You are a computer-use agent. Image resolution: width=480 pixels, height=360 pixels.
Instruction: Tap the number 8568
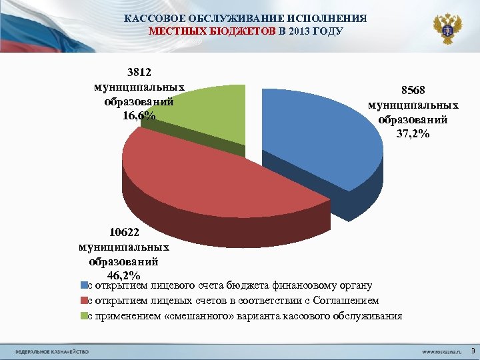pyautogui.click(x=413, y=91)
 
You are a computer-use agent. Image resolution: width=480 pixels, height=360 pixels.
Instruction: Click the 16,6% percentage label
pyautogui.click(x=139, y=116)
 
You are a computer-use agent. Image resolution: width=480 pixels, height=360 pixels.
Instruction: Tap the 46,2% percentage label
pyautogui.click(x=123, y=275)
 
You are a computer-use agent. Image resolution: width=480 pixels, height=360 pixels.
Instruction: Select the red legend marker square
pyautogui.click(x=83, y=301)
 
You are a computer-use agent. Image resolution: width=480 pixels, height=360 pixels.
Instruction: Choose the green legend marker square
pyautogui.click(x=83, y=316)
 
